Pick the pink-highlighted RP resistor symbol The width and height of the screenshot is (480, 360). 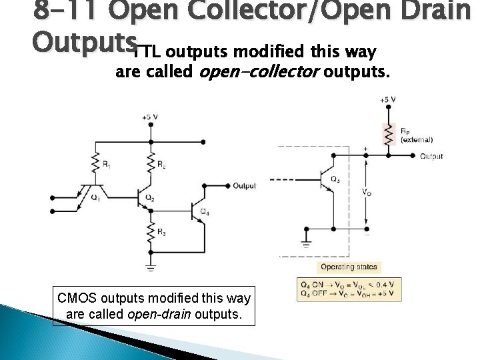point(386,133)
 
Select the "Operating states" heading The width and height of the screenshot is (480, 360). point(349,267)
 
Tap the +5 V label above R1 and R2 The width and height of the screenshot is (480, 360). point(149,117)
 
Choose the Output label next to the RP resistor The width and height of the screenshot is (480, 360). point(431,156)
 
